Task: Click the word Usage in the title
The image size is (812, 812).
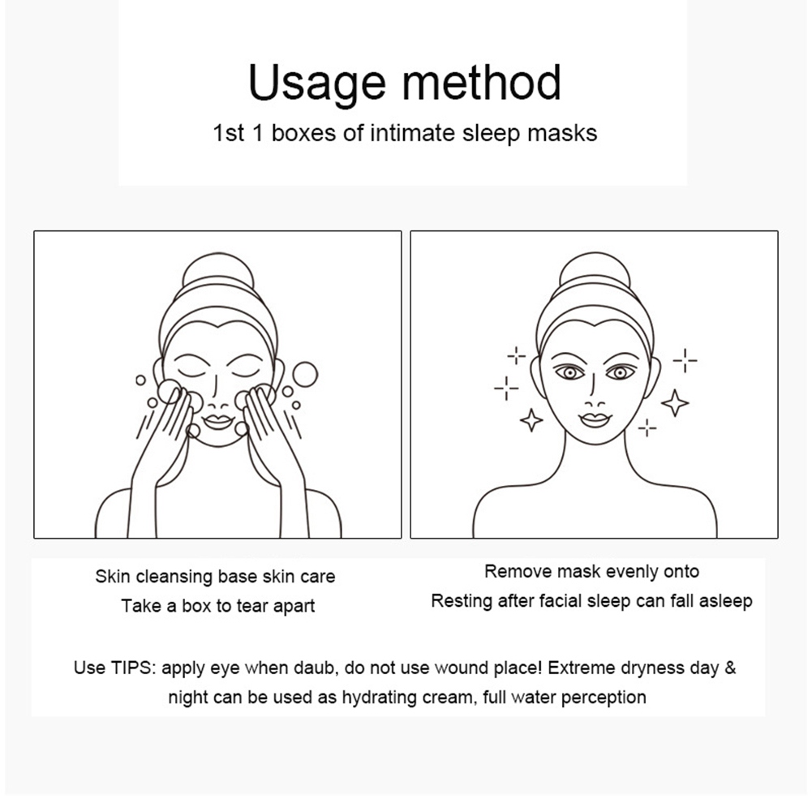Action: (x=317, y=84)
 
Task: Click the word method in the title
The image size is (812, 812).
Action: (x=482, y=82)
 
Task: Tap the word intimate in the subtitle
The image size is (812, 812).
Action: (x=412, y=132)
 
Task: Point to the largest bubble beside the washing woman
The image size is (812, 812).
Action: (x=304, y=375)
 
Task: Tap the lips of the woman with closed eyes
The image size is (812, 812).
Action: (x=218, y=421)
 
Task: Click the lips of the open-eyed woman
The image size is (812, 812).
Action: (x=595, y=419)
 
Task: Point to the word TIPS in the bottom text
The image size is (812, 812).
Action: (x=133, y=668)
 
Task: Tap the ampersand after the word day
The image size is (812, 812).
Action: (x=730, y=668)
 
